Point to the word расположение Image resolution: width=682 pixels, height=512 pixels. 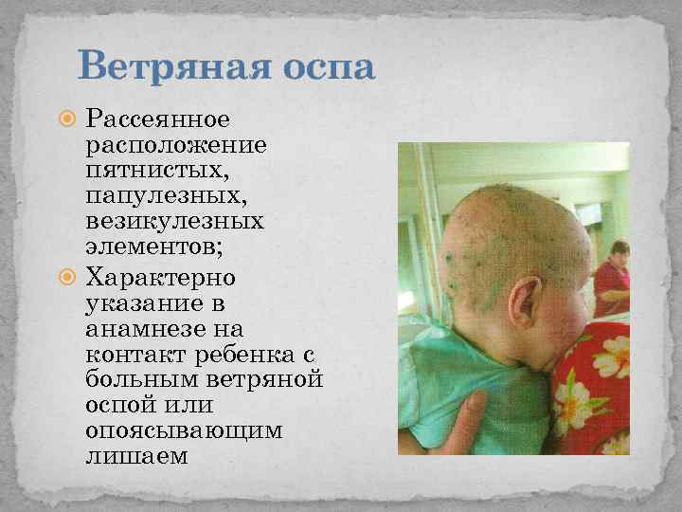(x=176, y=147)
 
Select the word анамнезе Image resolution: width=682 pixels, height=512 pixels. (x=136, y=329)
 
